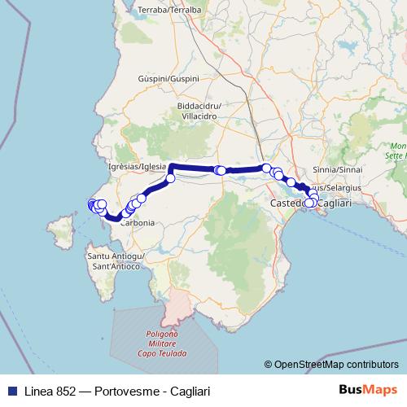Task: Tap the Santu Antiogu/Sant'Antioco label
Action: pyautogui.click(x=116, y=260)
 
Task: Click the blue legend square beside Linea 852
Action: pyautogui.click(x=11, y=392)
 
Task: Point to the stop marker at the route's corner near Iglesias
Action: pyautogui.click(x=171, y=178)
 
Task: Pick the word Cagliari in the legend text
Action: pyautogui.click(x=188, y=392)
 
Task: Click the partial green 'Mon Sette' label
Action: pyautogui.click(x=396, y=150)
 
